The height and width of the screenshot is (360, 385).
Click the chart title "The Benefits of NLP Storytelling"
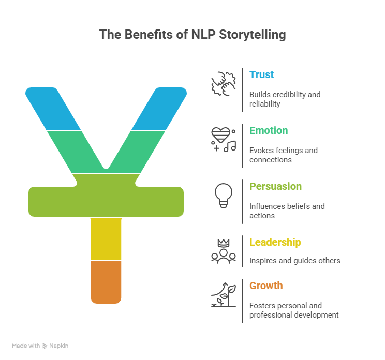tap(192, 35)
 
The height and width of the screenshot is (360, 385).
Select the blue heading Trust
tap(262, 74)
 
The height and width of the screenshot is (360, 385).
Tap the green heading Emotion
tap(269, 130)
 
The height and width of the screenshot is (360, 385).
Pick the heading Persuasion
tap(275, 186)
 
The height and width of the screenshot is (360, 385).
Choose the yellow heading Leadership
tap(275, 242)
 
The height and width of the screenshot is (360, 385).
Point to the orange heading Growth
tap(266, 286)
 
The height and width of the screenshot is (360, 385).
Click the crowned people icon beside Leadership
tap(223, 251)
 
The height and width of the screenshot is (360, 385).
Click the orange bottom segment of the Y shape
tap(106, 282)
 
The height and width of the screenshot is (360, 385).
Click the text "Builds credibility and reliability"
tap(285, 99)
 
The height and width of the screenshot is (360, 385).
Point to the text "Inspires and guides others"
tap(294, 261)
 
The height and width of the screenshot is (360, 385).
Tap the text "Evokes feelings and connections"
tap(283, 155)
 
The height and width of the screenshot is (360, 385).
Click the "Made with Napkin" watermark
tap(40, 346)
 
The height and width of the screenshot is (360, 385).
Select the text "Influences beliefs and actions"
tap(287, 211)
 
